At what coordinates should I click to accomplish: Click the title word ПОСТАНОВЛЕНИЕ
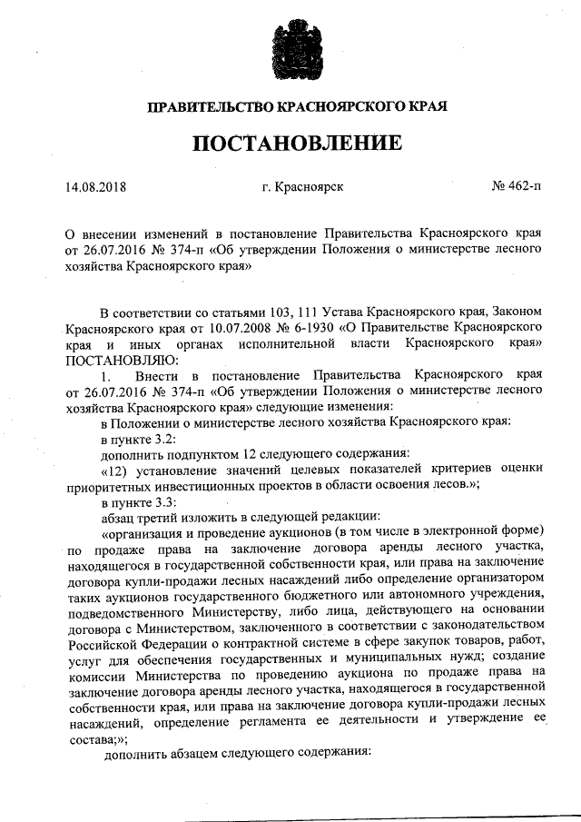296,144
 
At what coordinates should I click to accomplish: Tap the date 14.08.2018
95,189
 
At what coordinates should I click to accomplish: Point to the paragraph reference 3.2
151,438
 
